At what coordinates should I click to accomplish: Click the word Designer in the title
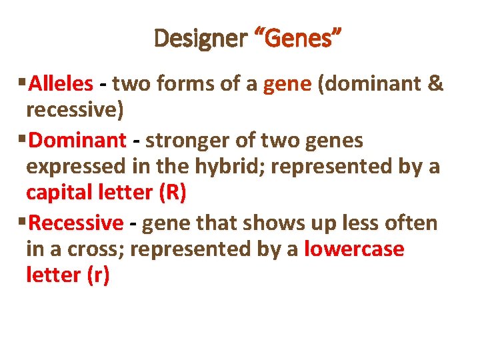click(x=200, y=39)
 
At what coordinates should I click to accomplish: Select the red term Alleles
click(x=61, y=84)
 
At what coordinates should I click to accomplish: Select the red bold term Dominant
click(x=77, y=141)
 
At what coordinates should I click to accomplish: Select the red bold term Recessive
click(x=76, y=223)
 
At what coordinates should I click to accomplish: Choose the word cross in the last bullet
click(x=97, y=249)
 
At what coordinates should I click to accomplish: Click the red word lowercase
click(x=354, y=249)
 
